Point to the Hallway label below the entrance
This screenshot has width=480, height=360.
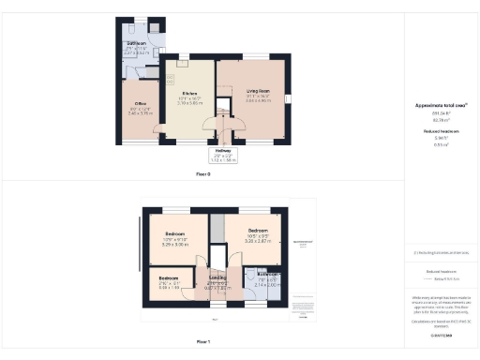click(x=224, y=150)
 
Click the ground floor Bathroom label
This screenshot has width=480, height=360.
click(x=139, y=44)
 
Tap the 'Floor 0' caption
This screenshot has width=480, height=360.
click(x=202, y=174)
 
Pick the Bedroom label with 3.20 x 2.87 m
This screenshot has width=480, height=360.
click(x=258, y=230)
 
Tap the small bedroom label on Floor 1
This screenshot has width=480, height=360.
click(x=169, y=278)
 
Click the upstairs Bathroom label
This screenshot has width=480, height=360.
click(x=268, y=275)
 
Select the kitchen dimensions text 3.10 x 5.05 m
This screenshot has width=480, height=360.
click(x=188, y=104)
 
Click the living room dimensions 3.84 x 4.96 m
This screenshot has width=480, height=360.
click(x=252, y=102)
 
